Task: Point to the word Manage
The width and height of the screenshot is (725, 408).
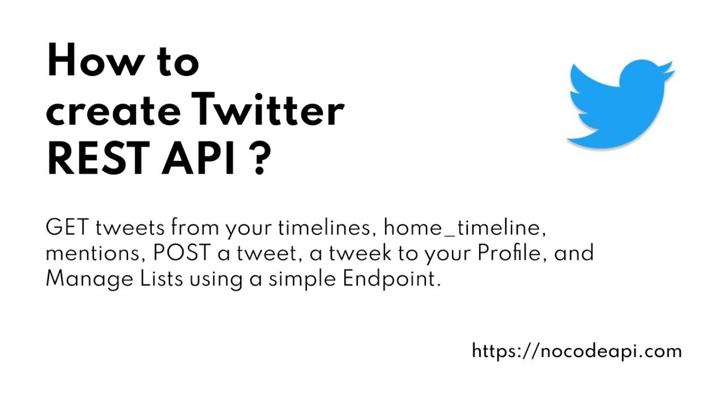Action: pyautogui.click(x=85, y=279)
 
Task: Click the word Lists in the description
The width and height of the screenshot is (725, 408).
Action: pyautogui.click(x=161, y=278)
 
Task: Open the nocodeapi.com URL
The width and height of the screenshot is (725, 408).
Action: pyautogui.click(x=576, y=351)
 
